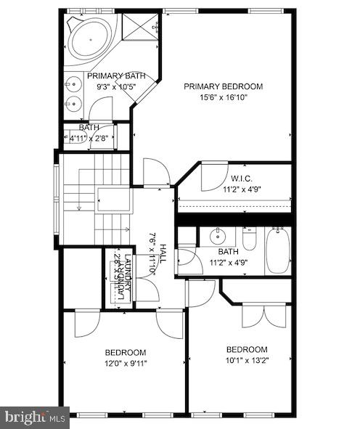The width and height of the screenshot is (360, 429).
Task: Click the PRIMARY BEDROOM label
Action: coord(223,86)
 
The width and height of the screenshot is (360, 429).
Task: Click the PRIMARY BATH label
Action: coord(116,75)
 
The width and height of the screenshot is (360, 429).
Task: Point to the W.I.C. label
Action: coord(242,178)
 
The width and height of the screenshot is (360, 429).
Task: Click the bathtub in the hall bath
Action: coord(277,250)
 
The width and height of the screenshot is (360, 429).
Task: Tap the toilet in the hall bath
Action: coord(249,239)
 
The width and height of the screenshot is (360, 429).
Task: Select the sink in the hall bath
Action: coord(216,237)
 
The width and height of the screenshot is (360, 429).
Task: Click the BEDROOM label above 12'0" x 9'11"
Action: coord(126,352)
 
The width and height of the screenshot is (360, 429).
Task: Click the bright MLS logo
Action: coord(36,417)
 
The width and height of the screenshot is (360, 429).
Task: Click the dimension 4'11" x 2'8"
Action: coord(89,137)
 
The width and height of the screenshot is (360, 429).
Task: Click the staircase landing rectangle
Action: coord(112,199)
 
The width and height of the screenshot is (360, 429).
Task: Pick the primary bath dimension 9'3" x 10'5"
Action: coord(116,86)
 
